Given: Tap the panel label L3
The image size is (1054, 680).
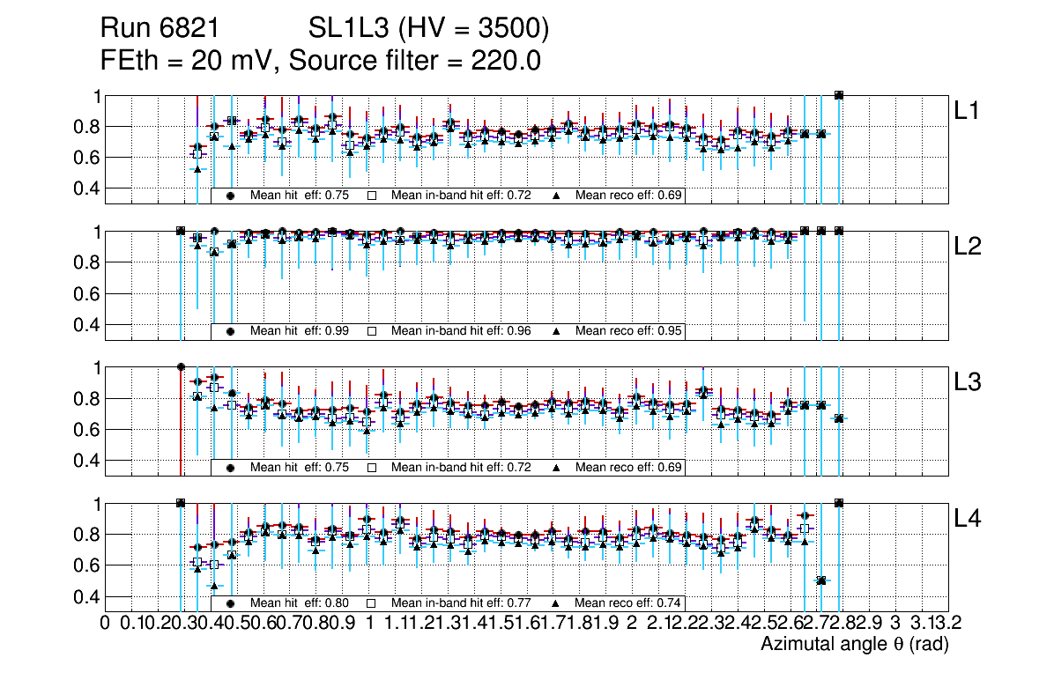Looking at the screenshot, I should pyautogui.click(x=970, y=382).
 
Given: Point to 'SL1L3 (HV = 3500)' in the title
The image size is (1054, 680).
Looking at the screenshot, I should pyautogui.click(x=429, y=29).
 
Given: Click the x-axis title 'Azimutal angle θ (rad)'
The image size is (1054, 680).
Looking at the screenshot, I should pyautogui.click(x=854, y=645).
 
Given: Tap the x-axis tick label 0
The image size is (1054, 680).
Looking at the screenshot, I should pyautogui.click(x=106, y=624).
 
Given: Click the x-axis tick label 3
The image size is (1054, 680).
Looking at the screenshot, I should pyautogui.click(x=895, y=624).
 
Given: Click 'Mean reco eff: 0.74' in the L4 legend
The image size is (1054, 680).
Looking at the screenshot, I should pyautogui.click(x=629, y=603).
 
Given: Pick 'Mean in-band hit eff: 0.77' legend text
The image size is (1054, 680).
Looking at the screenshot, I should pyautogui.click(x=461, y=603).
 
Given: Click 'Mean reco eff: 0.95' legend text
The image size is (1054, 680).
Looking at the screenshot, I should pyautogui.click(x=629, y=331).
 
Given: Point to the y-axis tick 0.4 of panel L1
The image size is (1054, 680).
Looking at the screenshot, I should pyautogui.click(x=86, y=188).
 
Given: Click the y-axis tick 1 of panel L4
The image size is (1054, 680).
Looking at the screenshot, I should pyautogui.click(x=98, y=504).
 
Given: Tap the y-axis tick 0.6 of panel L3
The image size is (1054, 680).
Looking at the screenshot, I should pyautogui.click(x=86, y=430).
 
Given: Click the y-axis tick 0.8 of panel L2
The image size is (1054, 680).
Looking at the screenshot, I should pyautogui.click(x=86, y=262).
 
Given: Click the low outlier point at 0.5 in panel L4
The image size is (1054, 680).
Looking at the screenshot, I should pyautogui.click(x=821, y=580).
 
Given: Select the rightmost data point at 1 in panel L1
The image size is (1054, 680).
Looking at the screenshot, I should pyautogui.click(x=839, y=95).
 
